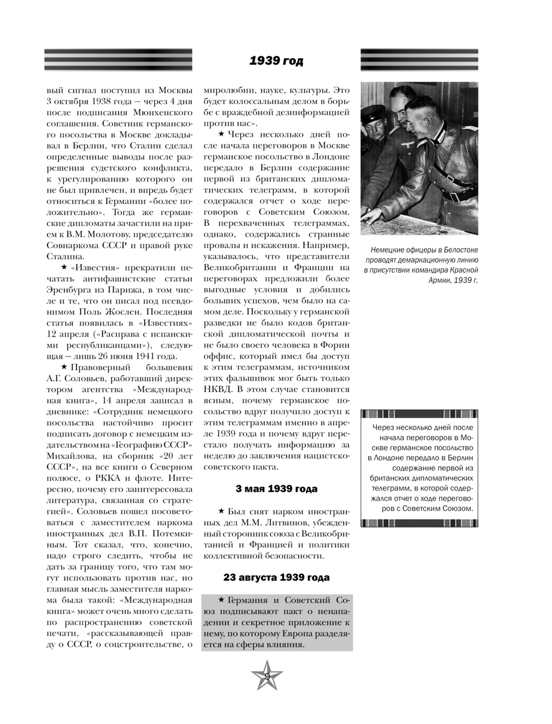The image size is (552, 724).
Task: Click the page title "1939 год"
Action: pos(276,61)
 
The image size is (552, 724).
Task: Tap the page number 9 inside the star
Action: pos(267,676)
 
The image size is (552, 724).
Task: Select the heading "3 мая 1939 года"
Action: pos(276,489)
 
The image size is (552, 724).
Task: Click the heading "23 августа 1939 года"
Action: pos(277,577)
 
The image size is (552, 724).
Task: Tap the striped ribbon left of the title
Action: pos(118,60)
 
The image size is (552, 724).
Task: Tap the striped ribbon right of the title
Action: pos(420,60)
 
